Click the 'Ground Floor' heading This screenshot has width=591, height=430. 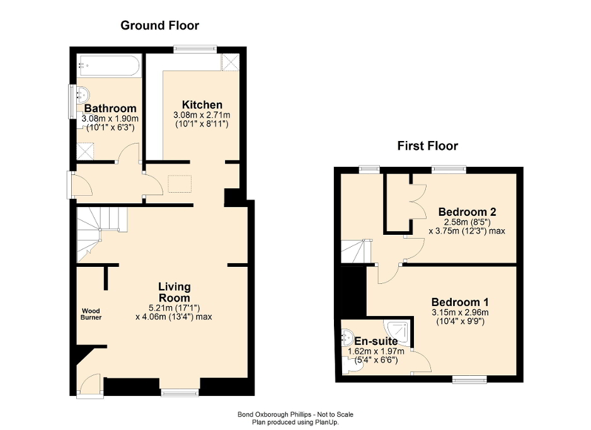tap(159, 26)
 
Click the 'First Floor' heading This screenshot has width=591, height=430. tap(427, 146)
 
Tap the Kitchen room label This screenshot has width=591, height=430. tap(202, 105)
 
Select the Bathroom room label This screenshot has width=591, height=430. tap(110, 108)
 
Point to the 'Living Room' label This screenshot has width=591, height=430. tap(174, 292)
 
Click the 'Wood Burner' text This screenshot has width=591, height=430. tap(91, 314)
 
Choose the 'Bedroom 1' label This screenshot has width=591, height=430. tap(460, 302)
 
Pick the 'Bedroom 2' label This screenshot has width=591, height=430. tap(464, 212)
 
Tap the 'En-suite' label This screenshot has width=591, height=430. tap(376, 341)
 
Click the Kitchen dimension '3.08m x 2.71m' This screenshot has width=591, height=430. tap(202, 115)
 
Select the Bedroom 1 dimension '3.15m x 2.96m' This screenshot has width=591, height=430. tap(460, 312)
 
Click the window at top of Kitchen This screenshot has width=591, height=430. tap(195, 47)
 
